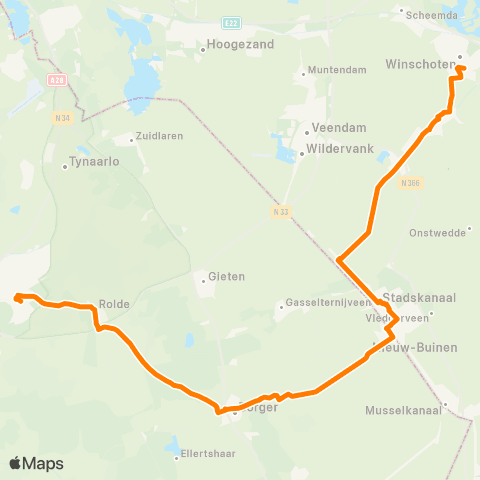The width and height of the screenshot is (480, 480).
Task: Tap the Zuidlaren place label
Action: (x=161, y=136)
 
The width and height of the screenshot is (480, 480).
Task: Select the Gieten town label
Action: (x=226, y=276)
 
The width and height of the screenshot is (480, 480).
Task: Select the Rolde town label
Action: (x=115, y=304)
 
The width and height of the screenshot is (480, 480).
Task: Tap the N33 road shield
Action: (x=279, y=212)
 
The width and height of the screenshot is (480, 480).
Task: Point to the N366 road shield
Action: (x=410, y=183)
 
